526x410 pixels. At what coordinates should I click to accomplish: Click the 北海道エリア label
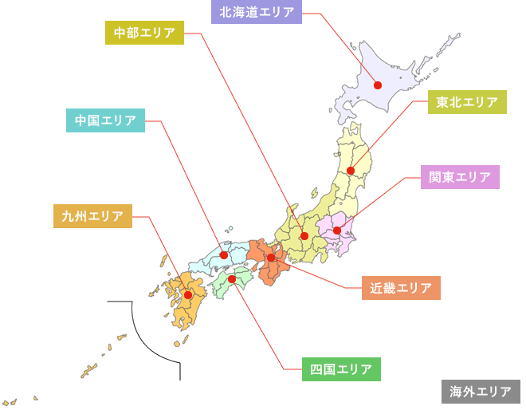pos(257,13)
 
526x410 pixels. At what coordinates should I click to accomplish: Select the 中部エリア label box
pos(145,33)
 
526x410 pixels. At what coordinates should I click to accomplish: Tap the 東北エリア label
pos(468,102)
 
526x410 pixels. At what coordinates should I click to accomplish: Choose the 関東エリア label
pos(460,177)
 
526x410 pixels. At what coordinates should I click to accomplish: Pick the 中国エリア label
pos(105,120)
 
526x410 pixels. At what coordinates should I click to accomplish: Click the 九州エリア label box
pos(92,216)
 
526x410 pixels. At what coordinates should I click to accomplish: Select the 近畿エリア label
pos(401,287)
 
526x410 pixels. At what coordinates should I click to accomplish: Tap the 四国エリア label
pos(341,369)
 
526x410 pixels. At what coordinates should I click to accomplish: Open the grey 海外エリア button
pos(481,392)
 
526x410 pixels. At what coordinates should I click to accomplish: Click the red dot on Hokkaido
pos(378,85)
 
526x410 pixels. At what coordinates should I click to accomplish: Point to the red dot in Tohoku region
pos(351,171)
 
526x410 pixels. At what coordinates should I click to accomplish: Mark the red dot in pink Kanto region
pos(337,231)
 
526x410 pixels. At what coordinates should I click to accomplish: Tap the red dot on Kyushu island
pos(188,295)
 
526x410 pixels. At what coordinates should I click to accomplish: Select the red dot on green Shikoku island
pos(232,279)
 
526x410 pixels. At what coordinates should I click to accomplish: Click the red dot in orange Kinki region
pos(271,258)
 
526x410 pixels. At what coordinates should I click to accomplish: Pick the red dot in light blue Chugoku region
pos(224,255)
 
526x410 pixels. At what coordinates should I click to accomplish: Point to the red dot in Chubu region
pos(304,235)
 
